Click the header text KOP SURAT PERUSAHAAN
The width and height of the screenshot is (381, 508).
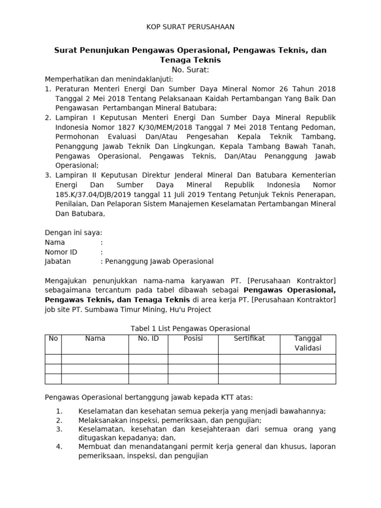pyautogui.click(x=190, y=27)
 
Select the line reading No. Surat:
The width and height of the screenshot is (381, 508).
pyautogui.click(x=190, y=69)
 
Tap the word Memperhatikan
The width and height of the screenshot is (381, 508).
pyautogui.click(x=69, y=79)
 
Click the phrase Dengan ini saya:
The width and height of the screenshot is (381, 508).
pyautogui.click(x=73, y=233)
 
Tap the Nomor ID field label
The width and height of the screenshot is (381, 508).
pyautogui.click(x=61, y=252)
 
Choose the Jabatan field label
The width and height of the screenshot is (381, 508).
pyautogui.click(x=58, y=261)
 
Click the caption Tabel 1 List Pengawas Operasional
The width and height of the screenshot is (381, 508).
pyautogui.click(x=190, y=328)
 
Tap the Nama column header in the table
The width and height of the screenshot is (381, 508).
pyautogui.click(x=95, y=338)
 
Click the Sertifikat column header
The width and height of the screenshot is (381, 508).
pyautogui.click(x=249, y=338)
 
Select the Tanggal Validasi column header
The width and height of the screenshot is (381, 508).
pyautogui.click(x=308, y=343)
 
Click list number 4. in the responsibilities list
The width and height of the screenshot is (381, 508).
pyautogui.click(x=59, y=446)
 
